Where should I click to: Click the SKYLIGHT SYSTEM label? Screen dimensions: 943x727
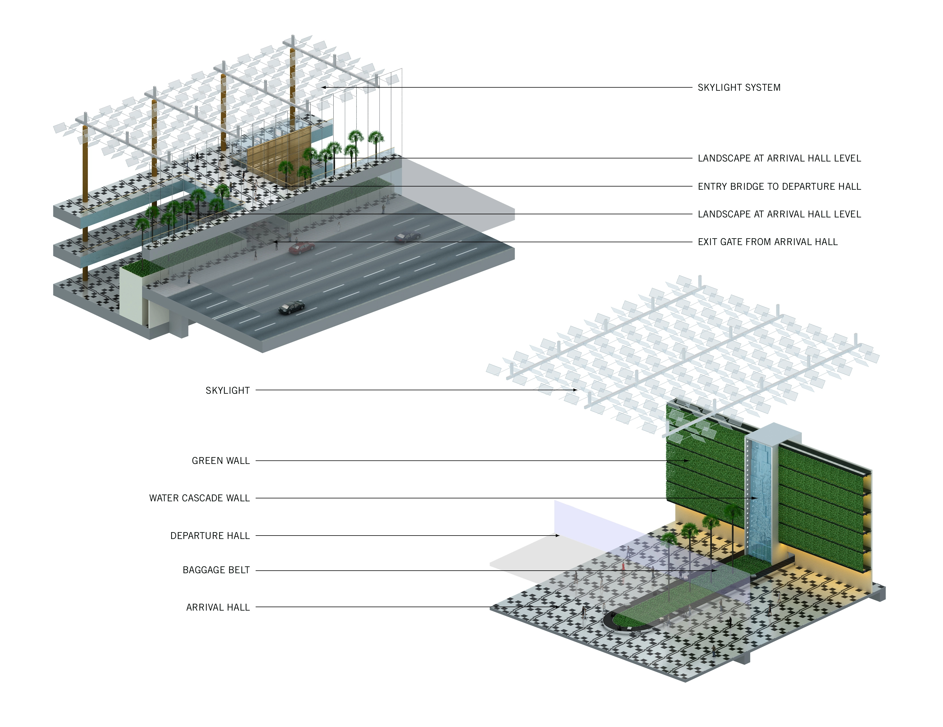(739, 87)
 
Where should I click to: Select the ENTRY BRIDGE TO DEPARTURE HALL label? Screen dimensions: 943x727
(779, 186)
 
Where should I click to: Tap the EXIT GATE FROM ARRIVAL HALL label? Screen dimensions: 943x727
(768, 242)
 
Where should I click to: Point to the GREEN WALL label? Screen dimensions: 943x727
(221, 461)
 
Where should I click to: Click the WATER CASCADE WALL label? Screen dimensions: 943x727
(200, 498)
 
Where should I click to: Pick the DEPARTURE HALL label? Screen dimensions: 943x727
(210, 536)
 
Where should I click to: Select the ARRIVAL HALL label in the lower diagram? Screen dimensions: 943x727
(218, 607)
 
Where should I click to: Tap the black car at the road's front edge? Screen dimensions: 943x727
(291, 307)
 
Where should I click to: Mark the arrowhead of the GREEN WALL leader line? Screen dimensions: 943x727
(688, 461)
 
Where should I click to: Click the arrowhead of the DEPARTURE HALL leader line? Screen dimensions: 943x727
(557, 536)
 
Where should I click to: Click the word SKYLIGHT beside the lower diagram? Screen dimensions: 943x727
(228, 391)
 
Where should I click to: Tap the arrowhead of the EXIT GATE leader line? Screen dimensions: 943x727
(275, 242)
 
